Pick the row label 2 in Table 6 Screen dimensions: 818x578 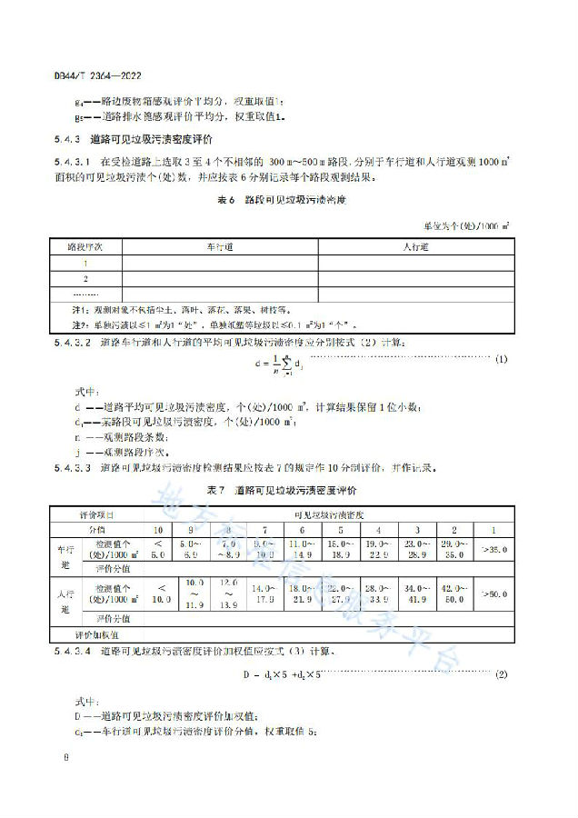(85, 278)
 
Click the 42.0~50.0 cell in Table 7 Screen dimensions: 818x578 (452, 594)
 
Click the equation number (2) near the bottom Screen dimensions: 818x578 (501, 675)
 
